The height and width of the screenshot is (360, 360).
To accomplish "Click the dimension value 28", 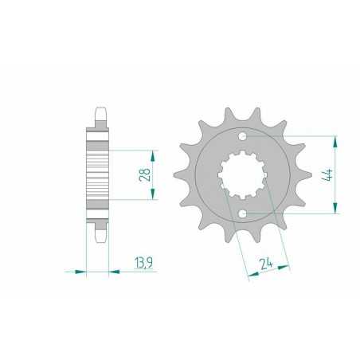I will (x=145, y=174).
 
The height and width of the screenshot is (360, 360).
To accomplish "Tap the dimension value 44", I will (x=327, y=174).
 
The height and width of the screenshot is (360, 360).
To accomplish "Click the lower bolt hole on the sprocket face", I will (x=242, y=213).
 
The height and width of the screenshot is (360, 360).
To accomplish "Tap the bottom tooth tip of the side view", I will (x=100, y=237).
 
